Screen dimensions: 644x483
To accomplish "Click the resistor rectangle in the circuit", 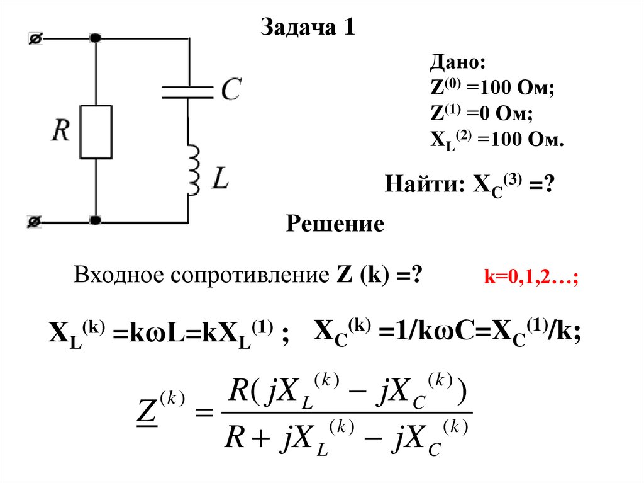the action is pyautogui.click(x=96, y=132).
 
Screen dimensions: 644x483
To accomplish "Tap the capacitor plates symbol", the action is pyautogui.click(x=188, y=91).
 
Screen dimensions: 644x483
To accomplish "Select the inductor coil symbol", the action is pyautogui.click(x=192, y=169).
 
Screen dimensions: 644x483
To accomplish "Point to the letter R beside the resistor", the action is pyautogui.click(x=61, y=131).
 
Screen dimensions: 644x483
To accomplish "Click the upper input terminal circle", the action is pyautogui.click(x=35, y=39).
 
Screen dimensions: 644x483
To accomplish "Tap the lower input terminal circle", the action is pyautogui.click(x=35, y=221).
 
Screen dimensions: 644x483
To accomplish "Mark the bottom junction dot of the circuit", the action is pyautogui.click(x=96, y=221).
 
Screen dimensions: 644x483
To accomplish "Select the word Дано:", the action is pyautogui.click(x=457, y=64).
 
